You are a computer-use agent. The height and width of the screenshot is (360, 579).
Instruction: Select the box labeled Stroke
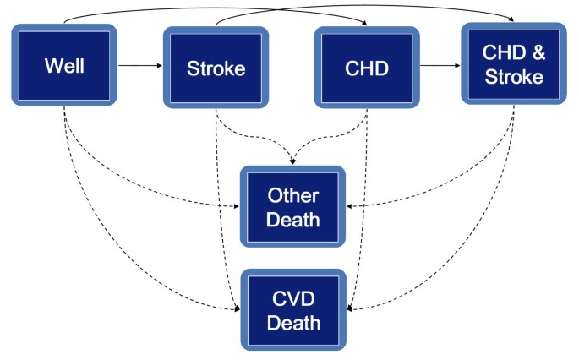click(x=216, y=68)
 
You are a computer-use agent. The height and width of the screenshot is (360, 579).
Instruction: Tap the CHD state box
click(x=367, y=68)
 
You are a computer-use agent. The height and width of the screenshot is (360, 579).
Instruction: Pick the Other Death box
click(x=293, y=207)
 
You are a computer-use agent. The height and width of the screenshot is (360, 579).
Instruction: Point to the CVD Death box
click(x=293, y=310)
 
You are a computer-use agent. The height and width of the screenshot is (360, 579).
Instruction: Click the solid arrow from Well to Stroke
click(x=139, y=64)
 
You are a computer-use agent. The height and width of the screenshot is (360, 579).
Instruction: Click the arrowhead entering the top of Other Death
click(x=293, y=161)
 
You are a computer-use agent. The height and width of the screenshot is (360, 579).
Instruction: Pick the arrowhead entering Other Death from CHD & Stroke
click(x=350, y=205)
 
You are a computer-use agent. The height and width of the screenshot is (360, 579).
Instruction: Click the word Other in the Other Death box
click(x=293, y=196)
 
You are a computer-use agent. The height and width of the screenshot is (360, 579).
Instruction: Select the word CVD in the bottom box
click(x=293, y=300)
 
